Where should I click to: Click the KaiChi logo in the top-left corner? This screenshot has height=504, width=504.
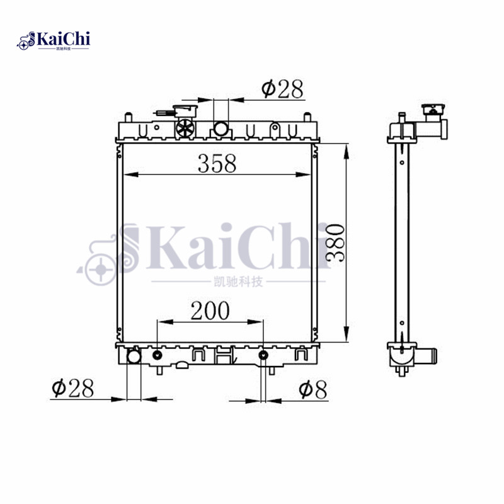[x=54, y=40]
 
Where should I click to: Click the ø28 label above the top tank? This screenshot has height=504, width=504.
[x=283, y=89]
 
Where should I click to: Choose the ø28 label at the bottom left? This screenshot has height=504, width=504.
[x=72, y=388]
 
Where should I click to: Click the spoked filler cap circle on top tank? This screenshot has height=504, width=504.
[x=185, y=129]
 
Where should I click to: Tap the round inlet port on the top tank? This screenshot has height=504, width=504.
[x=221, y=129]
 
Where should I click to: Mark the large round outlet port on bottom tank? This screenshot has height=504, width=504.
[x=134, y=357]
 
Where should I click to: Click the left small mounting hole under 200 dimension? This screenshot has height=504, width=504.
[x=157, y=357]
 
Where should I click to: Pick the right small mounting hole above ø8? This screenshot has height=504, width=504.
[x=264, y=357]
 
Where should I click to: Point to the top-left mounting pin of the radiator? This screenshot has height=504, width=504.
[x=128, y=117]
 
